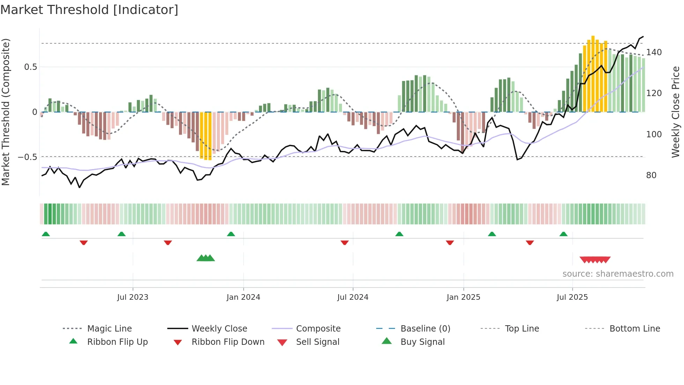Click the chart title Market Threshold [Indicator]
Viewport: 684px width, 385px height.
(89, 10)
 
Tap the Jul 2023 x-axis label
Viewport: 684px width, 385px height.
(133, 297)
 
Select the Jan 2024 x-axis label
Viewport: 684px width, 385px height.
(243, 297)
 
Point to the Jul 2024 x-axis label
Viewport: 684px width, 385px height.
(353, 297)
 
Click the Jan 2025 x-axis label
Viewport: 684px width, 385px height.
(463, 297)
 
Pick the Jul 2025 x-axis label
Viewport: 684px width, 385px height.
(572, 297)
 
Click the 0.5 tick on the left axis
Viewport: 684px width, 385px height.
(31, 67)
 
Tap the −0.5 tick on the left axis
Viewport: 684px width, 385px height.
(28, 157)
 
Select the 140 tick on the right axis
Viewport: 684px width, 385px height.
(654, 52)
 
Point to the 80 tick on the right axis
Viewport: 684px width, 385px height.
(651, 175)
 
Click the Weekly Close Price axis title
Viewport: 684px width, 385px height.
(676, 112)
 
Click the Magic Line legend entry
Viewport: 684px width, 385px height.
(109, 329)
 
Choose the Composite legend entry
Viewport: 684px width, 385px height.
(318, 329)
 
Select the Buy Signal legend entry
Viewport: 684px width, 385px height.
(422, 342)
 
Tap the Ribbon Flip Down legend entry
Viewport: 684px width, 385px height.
(228, 342)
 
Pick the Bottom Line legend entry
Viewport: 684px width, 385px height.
(634, 329)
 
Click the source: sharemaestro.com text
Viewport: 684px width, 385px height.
(618, 274)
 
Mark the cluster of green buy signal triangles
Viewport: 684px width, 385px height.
(206, 259)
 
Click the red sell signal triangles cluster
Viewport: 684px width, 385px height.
(595, 260)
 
